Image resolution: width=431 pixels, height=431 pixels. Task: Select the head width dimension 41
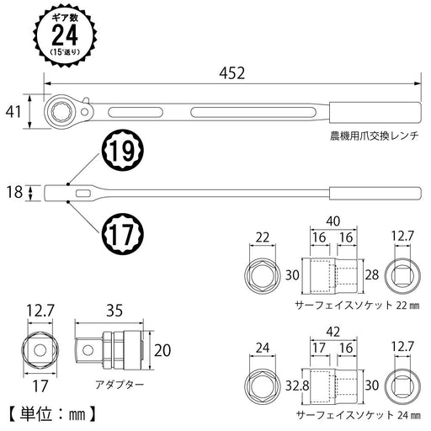click(12, 109)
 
